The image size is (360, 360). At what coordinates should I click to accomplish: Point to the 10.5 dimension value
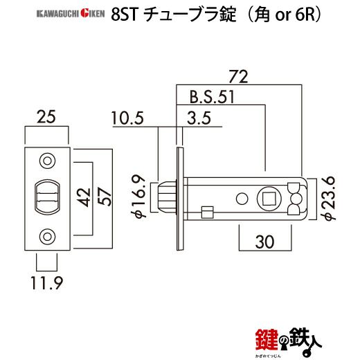coord(127,119)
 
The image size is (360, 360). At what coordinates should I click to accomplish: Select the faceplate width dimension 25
coord(46,118)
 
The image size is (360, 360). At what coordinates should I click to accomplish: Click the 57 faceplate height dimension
coord(106,198)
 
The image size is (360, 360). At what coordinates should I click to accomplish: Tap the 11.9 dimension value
coord(46,281)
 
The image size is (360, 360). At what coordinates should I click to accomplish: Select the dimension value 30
coord(264,242)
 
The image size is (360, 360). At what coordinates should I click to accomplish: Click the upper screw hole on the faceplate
coord(46,161)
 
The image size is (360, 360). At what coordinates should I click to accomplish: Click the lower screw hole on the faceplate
coord(46,235)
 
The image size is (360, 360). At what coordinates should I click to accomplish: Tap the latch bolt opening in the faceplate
coord(46,197)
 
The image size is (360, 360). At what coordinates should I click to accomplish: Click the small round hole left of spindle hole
coord(242,199)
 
